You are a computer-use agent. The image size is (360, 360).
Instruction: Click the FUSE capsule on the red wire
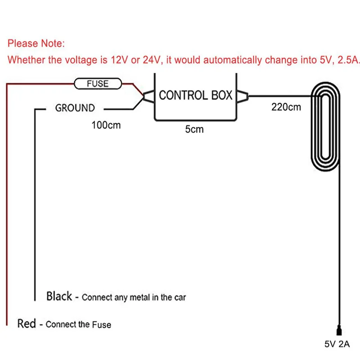pos(98,83)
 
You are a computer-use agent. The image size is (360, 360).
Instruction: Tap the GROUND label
pos(75,108)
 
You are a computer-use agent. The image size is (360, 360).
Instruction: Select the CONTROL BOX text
pos(196,95)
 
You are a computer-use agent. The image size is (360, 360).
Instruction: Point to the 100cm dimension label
pos(106,125)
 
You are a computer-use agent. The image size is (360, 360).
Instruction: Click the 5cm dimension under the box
pos(194,130)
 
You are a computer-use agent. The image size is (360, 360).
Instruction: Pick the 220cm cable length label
pos(286,107)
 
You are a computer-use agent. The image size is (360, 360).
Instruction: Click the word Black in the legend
pos(59,296)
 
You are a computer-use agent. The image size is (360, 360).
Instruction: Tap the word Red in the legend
pos(27,323)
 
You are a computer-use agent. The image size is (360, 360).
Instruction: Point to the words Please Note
pos(36,44)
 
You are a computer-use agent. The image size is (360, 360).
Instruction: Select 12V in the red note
pos(114,60)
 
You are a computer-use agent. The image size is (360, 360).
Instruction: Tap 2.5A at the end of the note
pos(348,60)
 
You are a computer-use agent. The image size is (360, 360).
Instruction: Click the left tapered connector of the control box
pos(148,95)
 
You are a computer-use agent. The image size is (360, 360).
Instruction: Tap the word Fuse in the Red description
pos(101,324)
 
